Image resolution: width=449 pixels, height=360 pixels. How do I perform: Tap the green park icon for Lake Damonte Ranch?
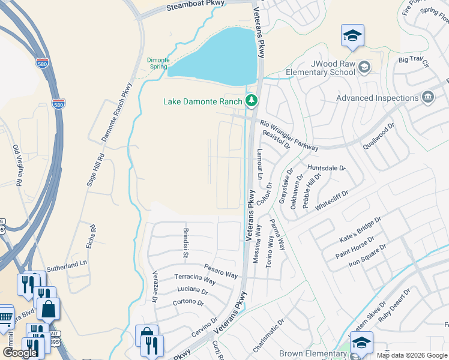point(252,100)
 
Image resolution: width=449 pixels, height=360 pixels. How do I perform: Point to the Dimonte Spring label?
point(157,63)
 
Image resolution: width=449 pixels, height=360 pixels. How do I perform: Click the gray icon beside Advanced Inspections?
point(427,97)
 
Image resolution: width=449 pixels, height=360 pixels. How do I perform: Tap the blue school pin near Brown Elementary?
point(361,343)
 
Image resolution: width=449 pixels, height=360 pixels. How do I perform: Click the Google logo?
point(20,353)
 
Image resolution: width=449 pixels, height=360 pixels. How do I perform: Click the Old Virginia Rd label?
point(17,165)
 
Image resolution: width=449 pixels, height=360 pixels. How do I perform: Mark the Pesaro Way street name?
point(220,270)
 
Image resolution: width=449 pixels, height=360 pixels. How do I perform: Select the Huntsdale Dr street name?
point(327,169)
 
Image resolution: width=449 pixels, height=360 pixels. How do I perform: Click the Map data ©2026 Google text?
point(412,355)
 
